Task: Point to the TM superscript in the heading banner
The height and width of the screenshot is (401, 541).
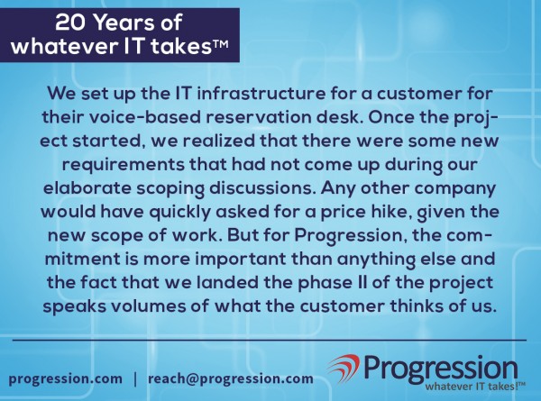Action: pyautogui.click(x=221, y=45)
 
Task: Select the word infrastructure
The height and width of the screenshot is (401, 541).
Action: pyautogui.click(x=261, y=94)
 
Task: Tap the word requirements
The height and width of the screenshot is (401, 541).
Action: pyautogui.click(x=124, y=165)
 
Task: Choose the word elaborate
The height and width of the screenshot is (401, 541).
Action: pyautogui.click(x=87, y=188)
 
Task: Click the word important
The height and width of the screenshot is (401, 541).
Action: pyautogui.click(x=241, y=260)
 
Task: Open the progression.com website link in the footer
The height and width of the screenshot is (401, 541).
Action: pyautogui.click(x=66, y=379)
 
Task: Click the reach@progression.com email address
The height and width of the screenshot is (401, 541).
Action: pyautogui.click(x=231, y=379)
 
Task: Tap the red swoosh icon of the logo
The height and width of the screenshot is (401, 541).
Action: pyautogui.click(x=344, y=368)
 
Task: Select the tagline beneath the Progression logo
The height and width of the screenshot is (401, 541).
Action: pyautogui.click(x=475, y=387)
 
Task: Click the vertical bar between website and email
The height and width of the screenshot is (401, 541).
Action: pyautogui.click(x=135, y=379)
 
